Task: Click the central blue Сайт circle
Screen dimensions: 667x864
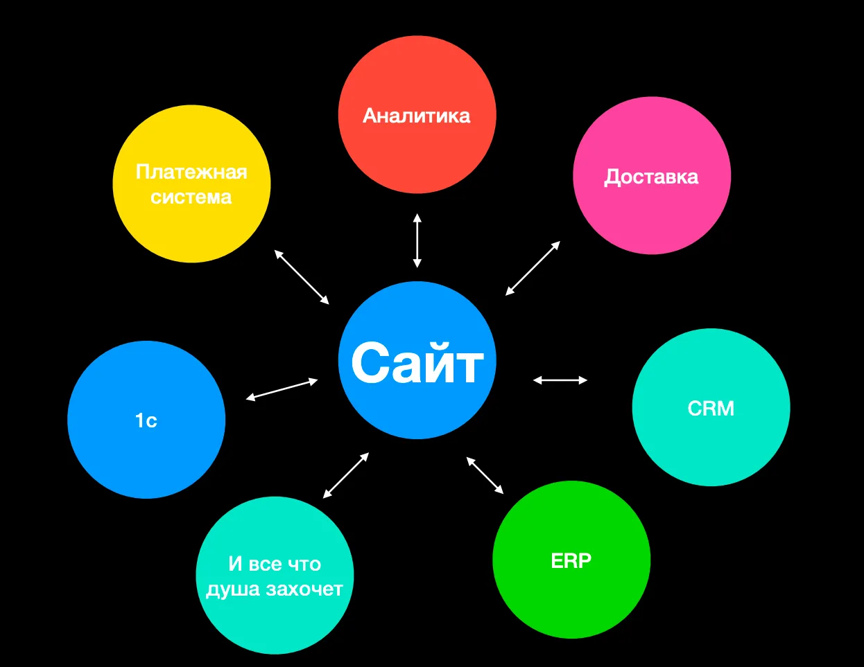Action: coord(417,360)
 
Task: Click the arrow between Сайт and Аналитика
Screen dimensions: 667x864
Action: coord(417,240)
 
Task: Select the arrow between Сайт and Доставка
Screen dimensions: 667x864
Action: coord(533,268)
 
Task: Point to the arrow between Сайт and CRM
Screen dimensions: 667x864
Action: coord(560,380)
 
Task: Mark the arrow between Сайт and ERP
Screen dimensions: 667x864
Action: coord(485,475)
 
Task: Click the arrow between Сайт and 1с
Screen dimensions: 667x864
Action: coord(282,389)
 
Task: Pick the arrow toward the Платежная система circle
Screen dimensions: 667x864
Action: coord(302,276)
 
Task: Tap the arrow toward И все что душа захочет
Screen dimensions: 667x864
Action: coord(346,475)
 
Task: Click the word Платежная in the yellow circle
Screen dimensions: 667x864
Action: coord(191,172)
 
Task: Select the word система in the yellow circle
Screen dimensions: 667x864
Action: coord(191,197)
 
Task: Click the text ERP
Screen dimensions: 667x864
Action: coord(571,560)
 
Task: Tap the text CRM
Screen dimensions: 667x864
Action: coord(711,408)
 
